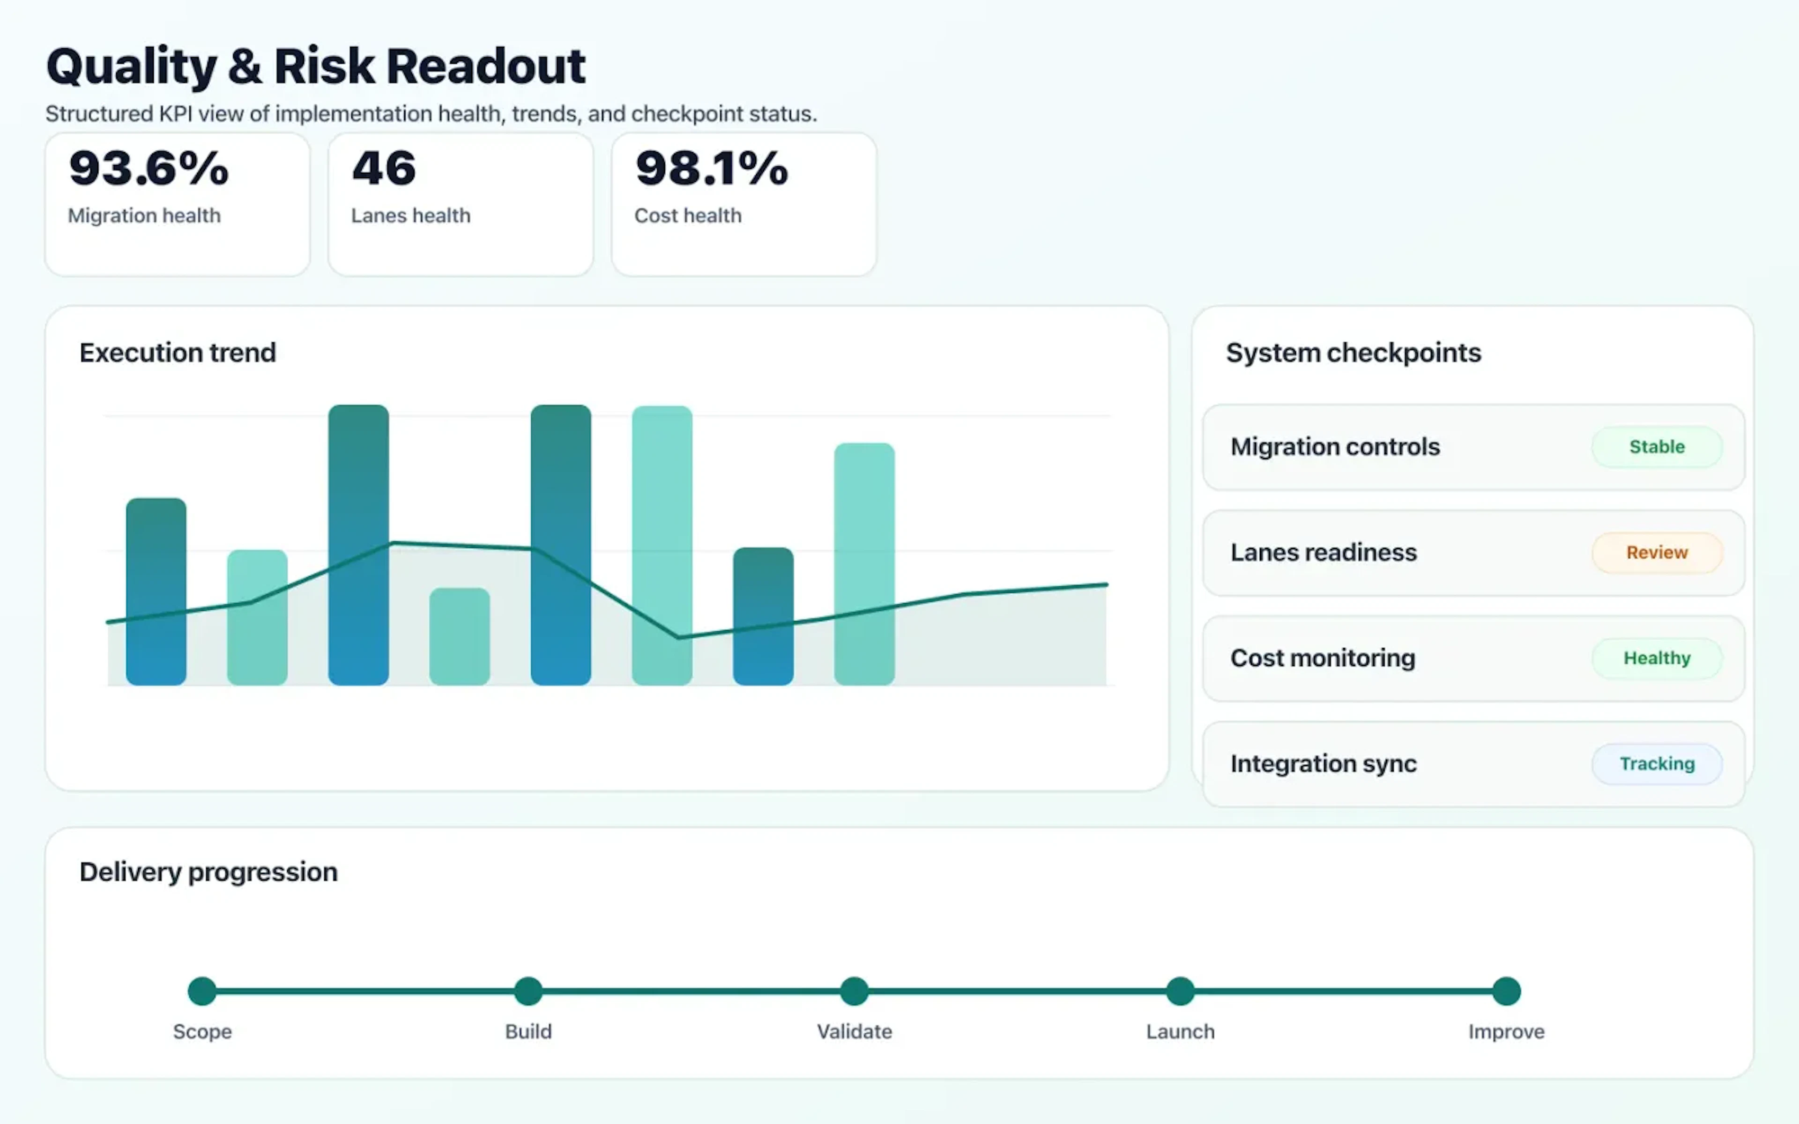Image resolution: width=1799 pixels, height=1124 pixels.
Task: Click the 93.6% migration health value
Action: pos(149,169)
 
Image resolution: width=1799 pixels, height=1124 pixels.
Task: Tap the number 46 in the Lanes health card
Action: pos(384,169)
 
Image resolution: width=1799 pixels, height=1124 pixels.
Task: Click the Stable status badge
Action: pos(1656,447)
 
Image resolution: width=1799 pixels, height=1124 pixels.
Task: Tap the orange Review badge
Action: pos(1656,552)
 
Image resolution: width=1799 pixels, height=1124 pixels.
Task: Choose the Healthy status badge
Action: pos(1656,658)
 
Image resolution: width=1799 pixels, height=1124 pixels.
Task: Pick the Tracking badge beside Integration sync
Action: pos(1656,763)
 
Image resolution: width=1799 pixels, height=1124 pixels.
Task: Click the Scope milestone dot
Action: pos(202,991)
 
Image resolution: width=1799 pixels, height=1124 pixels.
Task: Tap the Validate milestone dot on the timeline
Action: pos(854,991)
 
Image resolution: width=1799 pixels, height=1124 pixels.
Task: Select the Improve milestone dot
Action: pos(1506,991)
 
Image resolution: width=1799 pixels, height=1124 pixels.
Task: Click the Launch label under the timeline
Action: pos(1180,1032)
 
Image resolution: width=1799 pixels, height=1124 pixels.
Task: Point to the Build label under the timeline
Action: pos(528,1032)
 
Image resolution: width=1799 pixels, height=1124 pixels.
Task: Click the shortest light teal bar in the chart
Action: pos(460,636)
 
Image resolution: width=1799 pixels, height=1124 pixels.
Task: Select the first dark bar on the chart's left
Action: pos(156,591)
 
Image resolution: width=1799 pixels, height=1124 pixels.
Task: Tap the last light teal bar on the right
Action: pos(864,563)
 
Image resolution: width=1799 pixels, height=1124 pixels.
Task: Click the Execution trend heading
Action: pos(178,352)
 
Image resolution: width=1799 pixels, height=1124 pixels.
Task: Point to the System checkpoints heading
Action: pos(1353,352)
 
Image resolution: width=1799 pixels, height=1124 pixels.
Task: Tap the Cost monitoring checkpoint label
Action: pos(1323,658)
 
